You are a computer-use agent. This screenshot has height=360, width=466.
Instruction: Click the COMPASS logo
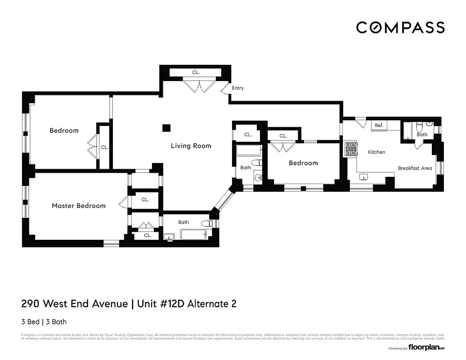[x=400, y=27]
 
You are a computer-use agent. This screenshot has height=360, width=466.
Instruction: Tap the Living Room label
[x=191, y=146]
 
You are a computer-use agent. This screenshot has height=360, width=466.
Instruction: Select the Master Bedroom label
[x=79, y=206]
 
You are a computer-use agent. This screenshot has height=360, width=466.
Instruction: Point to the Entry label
[x=237, y=88]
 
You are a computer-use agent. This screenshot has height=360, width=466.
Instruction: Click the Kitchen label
[x=376, y=152]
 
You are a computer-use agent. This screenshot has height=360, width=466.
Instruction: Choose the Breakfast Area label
[x=415, y=168]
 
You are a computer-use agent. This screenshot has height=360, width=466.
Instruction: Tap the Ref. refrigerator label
[x=379, y=126]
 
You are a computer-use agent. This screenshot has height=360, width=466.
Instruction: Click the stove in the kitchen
[x=350, y=149]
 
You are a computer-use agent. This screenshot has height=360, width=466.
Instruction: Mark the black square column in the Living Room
[x=167, y=128]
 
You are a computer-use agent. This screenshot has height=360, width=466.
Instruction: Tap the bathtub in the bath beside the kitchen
[x=408, y=130]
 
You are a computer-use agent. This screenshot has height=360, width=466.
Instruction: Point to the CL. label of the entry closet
[x=196, y=72]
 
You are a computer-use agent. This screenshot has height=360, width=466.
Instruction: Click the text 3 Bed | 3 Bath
[x=44, y=322]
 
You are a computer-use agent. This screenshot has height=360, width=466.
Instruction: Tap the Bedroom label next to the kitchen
[x=303, y=163]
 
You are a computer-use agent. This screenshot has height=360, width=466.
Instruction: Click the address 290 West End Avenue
[x=75, y=304]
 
